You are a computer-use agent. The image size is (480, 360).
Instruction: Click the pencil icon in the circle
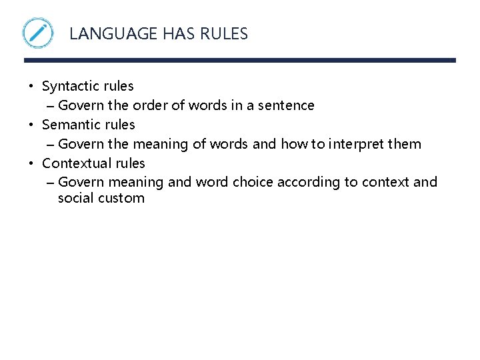click(x=38, y=33)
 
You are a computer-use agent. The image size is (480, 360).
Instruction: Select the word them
click(x=406, y=144)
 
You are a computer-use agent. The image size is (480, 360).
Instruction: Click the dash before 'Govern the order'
click(x=52, y=106)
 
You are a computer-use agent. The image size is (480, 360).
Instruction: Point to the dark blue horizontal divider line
click(x=240, y=60)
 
